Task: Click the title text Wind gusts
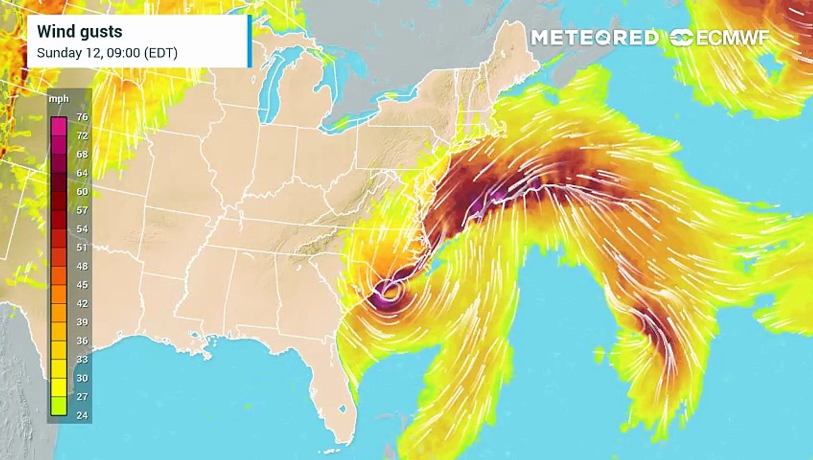click(x=79, y=31)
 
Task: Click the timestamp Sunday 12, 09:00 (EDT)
click(x=107, y=53)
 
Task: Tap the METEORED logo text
click(x=594, y=38)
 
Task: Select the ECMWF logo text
click(x=721, y=38)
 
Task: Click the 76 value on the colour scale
click(x=82, y=117)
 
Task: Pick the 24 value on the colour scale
click(x=82, y=415)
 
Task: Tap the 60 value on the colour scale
click(x=82, y=192)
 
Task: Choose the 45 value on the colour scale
click(x=82, y=285)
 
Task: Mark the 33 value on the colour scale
click(x=82, y=359)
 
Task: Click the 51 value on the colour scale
click(x=82, y=247)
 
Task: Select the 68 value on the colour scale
click(x=82, y=155)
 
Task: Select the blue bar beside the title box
click(x=249, y=41)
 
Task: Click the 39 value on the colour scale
click(x=82, y=322)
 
